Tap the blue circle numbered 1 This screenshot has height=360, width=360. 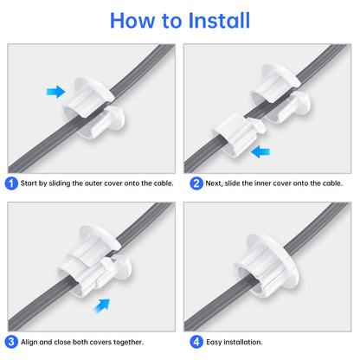(x=10, y=183)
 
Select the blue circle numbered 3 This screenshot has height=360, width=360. (x=10, y=341)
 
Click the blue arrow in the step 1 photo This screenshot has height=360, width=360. (x=56, y=91)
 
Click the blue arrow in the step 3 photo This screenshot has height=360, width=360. (x=104, y=303)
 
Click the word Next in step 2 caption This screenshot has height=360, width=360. (x=211, y=183)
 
